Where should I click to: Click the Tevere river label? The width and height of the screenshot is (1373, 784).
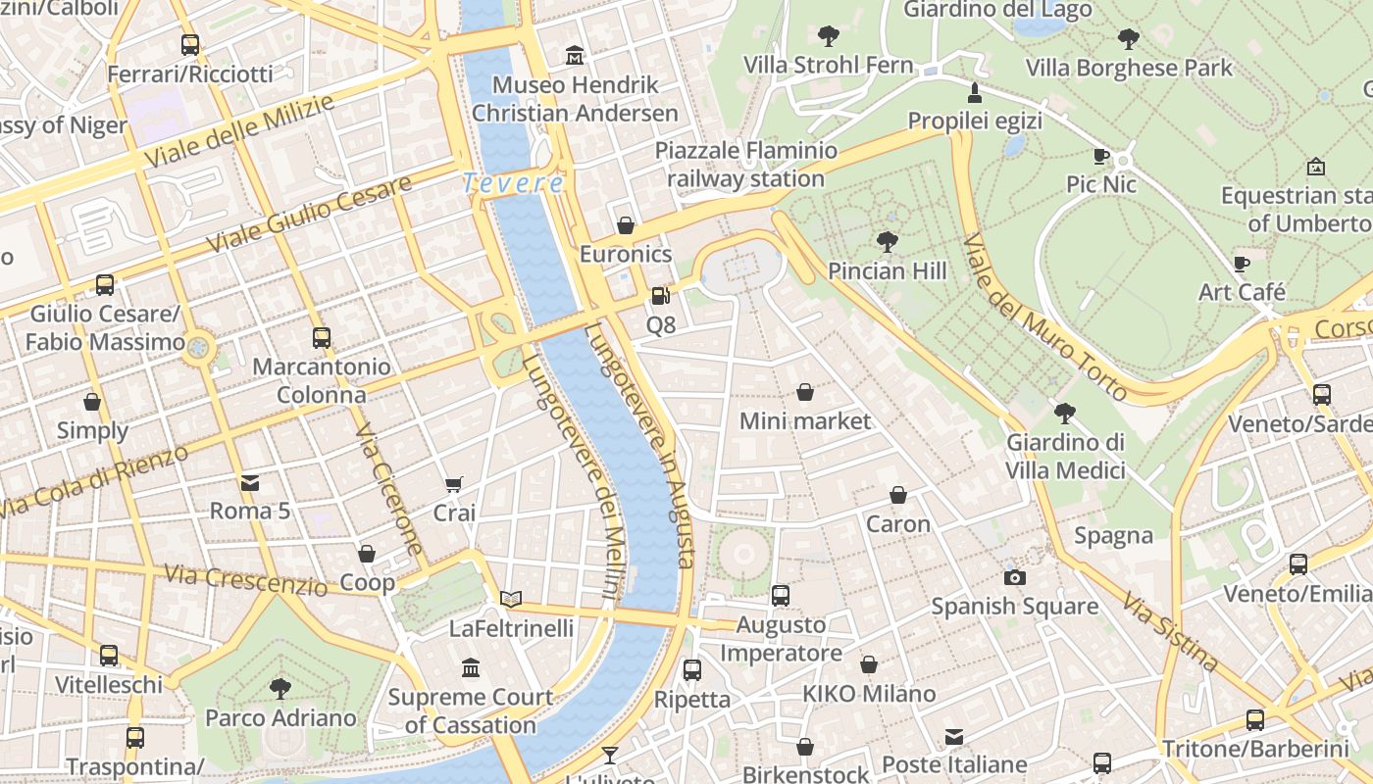(x=513, y=183)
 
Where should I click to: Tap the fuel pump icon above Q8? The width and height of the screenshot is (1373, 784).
(x=661, y=295)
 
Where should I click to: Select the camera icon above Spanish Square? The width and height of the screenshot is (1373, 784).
(x=1015, y=577)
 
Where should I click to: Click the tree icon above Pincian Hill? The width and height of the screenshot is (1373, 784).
(x=888, y=241)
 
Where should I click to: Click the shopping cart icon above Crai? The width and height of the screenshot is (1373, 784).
(x=453, y=484)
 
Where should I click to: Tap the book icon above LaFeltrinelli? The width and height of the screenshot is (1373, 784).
(x=511, y=598)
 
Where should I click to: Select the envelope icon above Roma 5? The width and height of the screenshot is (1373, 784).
(x=250, y=482)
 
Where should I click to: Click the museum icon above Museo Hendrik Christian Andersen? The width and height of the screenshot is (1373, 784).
(x=575, y=55)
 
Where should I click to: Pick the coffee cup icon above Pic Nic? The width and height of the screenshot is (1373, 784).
(x=1101, y=156)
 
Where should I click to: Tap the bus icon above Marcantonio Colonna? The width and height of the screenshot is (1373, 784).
(x=321, y=338)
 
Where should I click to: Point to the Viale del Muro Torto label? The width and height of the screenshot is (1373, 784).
(x=1045, y=317)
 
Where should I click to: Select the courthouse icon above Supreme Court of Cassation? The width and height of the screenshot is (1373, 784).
(x=471, y=668)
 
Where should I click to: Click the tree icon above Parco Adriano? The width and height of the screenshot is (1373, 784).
(x=280, y=688)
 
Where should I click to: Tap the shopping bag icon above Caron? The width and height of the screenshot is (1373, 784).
(x=897, y=495)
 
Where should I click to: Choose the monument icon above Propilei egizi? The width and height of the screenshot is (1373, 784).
(x=974, y=93)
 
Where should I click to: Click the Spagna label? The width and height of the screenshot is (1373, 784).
(x=1113, y=535)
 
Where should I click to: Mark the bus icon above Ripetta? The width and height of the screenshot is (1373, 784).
(x=692, y=670)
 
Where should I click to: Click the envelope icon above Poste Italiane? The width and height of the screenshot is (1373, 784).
(x=954, y=736)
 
